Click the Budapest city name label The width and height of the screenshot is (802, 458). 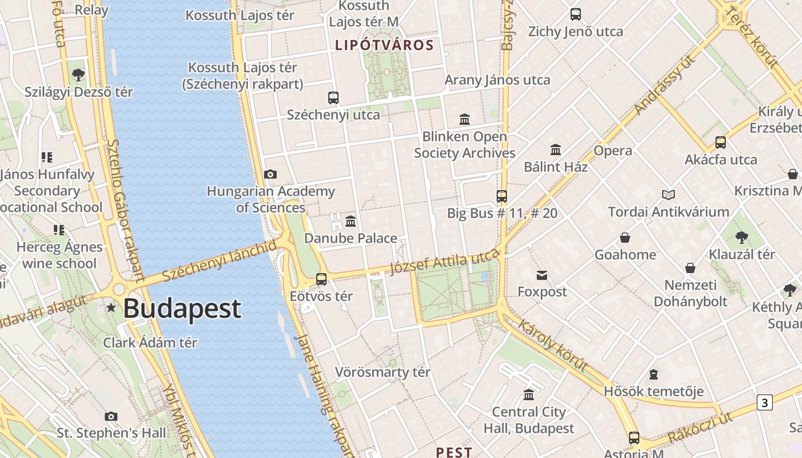[182, 309]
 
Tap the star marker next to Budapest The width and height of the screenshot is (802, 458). [111, 308]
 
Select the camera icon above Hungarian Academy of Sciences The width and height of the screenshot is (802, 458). [270, 174]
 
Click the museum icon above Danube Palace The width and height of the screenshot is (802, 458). [351, 221]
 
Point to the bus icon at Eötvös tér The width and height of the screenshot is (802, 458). [321, 279]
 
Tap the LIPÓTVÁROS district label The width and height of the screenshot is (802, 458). [384, 45]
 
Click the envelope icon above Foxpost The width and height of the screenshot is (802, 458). [542, 275]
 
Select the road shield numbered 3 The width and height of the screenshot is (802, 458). [764, 402]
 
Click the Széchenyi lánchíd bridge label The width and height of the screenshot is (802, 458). [219, 261]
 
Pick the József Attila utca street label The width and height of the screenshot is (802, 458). [445, 263]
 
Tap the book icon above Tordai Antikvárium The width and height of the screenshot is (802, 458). [669, 195]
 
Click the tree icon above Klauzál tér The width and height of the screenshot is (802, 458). [742, 237]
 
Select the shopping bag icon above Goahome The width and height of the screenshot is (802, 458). [625, 238]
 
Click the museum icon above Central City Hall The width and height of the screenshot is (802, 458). [529, 395]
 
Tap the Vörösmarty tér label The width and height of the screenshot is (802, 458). [382, 372]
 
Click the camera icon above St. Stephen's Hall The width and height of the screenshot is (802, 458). [111, 416]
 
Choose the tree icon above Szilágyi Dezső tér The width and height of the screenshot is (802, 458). [78, 74]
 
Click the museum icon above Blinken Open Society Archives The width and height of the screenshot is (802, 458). [465, 120]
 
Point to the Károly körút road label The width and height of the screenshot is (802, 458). [552, 346]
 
